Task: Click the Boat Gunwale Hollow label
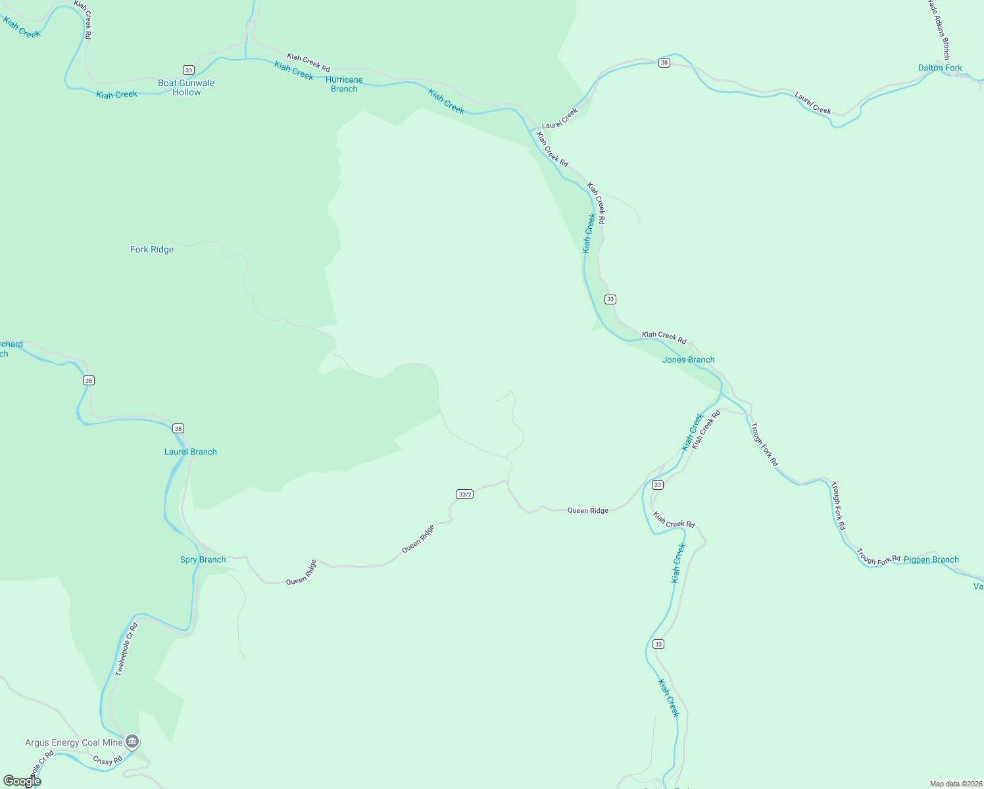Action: [186, 87]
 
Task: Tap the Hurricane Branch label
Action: [344, 84]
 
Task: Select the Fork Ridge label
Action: [152, 249]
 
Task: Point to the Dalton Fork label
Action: [940, 68]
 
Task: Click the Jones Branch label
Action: [688, 360]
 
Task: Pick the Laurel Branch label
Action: [190, 452]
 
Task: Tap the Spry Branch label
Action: [203, 560]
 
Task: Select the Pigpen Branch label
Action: [931, 560]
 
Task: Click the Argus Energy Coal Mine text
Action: [74, 742]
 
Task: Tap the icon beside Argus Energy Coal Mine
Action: [132, 742]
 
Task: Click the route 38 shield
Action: [664, 62]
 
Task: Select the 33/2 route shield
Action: [464, 494]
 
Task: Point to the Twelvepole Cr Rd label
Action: [126, 649]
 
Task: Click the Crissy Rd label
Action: [107, 761]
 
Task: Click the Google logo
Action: [22, 781]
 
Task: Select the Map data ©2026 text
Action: [956, 784]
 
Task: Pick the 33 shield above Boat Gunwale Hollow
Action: [189, 70]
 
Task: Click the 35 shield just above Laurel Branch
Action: [178, 428]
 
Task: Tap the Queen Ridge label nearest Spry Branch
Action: [301, 572]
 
